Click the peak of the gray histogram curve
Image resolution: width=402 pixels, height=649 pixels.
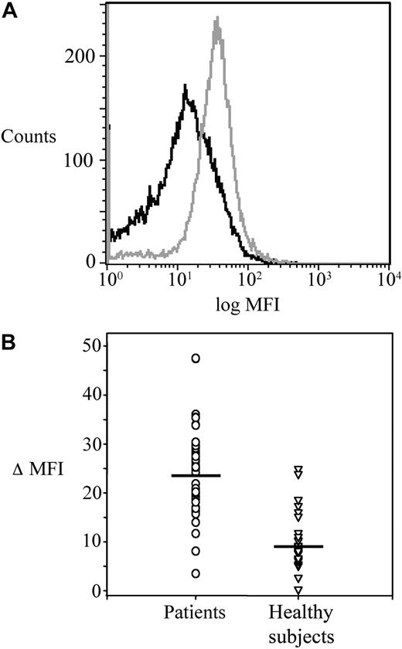217,19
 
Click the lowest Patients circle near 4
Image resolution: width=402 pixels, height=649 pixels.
196,573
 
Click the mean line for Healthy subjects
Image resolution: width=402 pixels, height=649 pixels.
298,546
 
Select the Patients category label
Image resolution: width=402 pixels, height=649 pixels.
196,613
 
